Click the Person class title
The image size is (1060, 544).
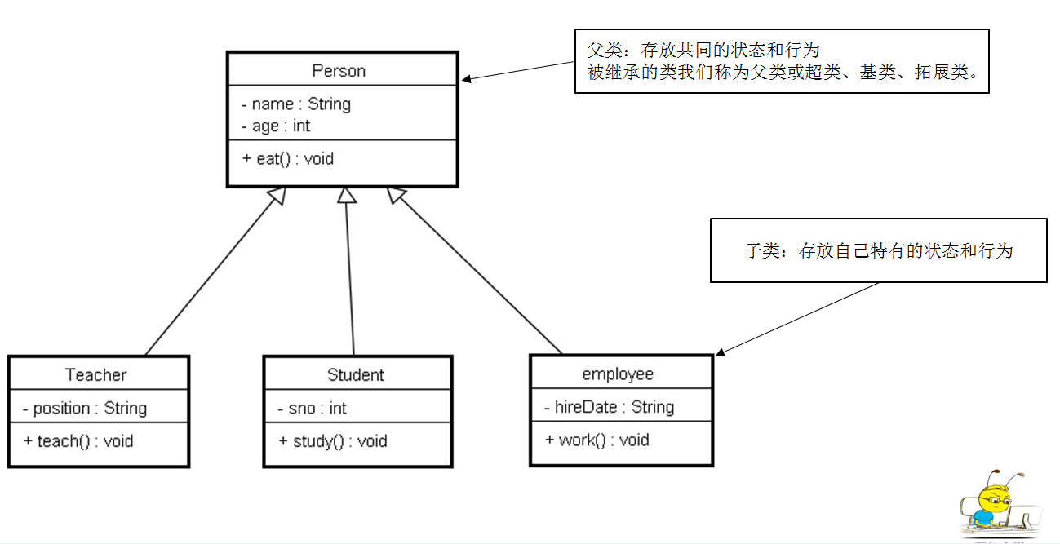tap(339, 71)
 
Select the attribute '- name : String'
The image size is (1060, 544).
tap(296, 104)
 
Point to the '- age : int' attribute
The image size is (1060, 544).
tap(276, 126)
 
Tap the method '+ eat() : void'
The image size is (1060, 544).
tap(288, 159)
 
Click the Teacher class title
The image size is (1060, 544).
tap(95, 375)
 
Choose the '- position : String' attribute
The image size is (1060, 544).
tap(85, 409)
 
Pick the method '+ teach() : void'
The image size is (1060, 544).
tap(78, 441)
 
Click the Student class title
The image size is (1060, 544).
tap(356, 375)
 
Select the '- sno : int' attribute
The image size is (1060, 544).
tap(313, 409)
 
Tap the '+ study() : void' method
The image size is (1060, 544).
tap(333, 441)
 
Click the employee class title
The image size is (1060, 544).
tap(618, 374)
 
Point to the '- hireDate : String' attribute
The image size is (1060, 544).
tap(609, 407)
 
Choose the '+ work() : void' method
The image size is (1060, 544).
tap(597, 440)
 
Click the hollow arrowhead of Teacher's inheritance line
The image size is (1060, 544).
tap(278, 195)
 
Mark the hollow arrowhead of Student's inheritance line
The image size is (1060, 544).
tap(346, 196)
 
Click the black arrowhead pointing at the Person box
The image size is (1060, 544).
tap(466, 79)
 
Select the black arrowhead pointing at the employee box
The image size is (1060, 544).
tap(721, 352)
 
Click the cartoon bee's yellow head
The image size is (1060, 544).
tap(994, 498)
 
